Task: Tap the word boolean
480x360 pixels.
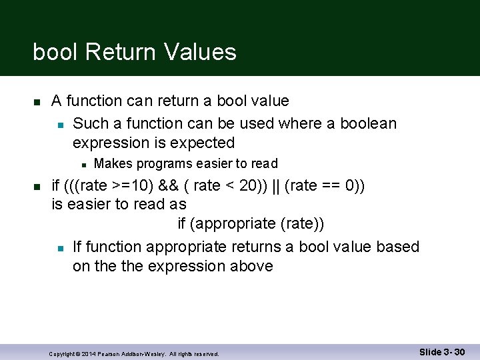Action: click(x=368, y=123)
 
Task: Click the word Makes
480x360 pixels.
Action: click(x=113, y=164)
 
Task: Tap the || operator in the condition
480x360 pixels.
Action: click(x=275, y=185)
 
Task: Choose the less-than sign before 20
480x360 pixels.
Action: click(x=229, y=185)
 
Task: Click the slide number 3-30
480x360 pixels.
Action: click(x=454, y=351)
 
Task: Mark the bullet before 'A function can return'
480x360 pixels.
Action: click(x=37, y=102)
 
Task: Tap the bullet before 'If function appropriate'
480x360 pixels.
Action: click(x=59, y=248)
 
